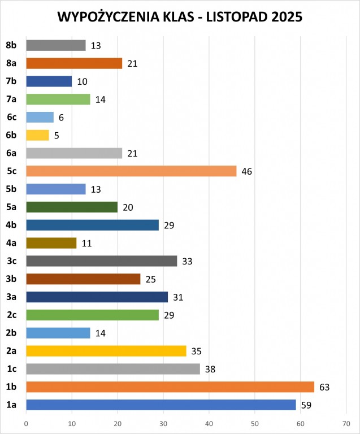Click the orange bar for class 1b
(x=170, y=387)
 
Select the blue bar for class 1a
(x=161, y=405)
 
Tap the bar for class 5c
(x=131, y=171)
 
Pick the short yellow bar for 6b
(x=37, y=135)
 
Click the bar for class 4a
(x=51, y=243)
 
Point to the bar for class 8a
(x=74, y=63)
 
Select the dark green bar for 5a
(x=72, y=207)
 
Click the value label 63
(x=324, y=387)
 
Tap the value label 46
(x=246, y=171)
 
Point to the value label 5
(x=57, y=135)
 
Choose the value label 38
(x=210, y=369)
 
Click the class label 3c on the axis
(x=11, y=261)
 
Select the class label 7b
(x=11, y=81)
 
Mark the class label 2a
(x=11, y=351)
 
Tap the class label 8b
(x=11, y=45)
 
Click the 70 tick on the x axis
(x=346, y=423)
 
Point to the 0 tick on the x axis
(x=26, y=423)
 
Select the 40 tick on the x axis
(x=209, y=423)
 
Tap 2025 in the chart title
(x=285, y=18)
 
